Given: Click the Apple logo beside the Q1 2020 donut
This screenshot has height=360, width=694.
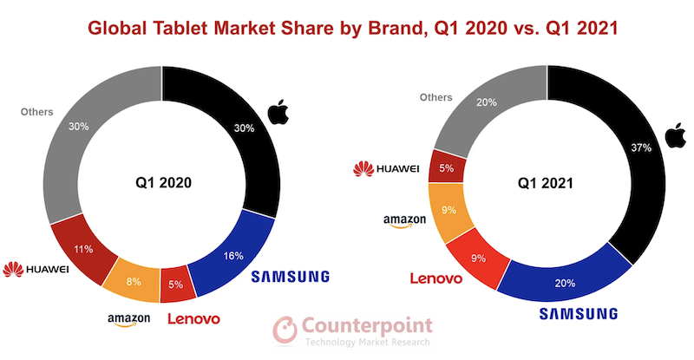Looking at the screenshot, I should (x=278, y=113).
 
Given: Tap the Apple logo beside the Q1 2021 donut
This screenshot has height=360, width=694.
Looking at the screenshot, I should (x=671, y=134).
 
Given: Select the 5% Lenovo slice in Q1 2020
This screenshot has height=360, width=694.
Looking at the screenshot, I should (x=176, y=283).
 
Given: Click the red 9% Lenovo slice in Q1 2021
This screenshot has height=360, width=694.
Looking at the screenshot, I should (x=476, y=258).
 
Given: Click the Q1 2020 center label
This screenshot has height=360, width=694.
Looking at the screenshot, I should (x=162, y=183).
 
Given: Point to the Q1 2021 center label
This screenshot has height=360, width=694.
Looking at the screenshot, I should (x=547, y=183).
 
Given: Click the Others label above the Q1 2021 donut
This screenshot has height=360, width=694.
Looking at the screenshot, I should (x=436, y=97).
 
